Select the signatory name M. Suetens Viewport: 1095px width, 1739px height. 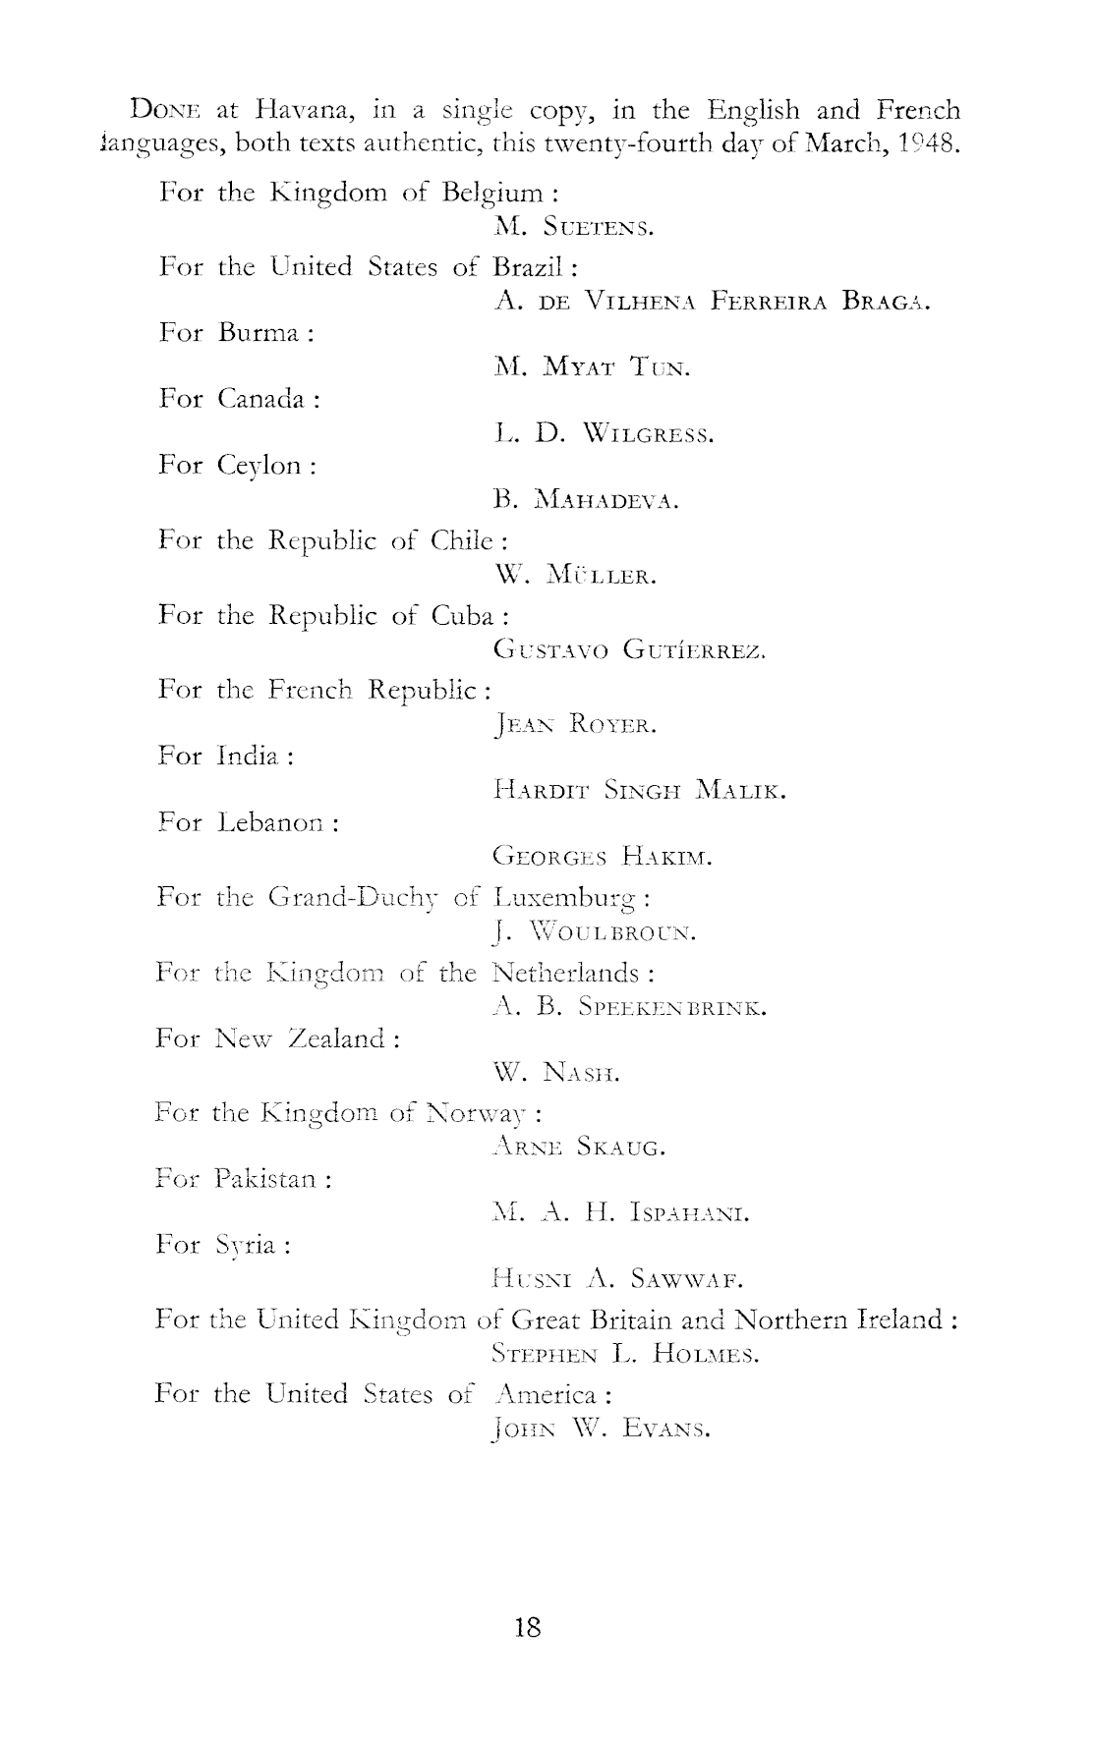pos(574,228)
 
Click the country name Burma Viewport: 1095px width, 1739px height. pos(259,333)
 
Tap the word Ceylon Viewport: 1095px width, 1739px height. pos(259,465)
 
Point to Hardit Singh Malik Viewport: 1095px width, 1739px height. pos(639,790)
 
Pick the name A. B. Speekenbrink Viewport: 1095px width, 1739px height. pos(629,1007)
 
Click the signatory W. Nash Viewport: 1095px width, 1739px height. pos(556,1074)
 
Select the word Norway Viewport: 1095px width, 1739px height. pos(481,1113)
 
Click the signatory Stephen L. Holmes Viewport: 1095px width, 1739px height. pos(625,1357)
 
